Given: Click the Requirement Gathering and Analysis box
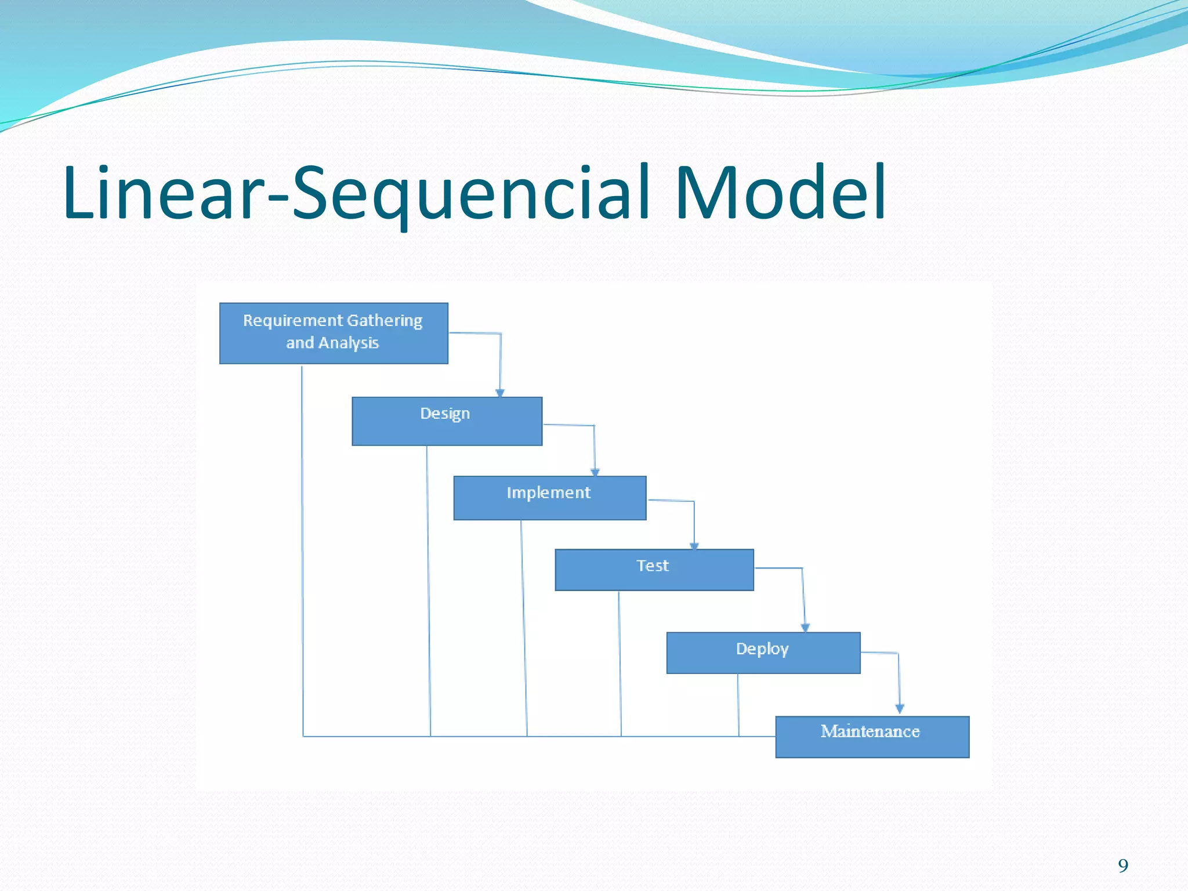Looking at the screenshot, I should click(x=334, y=333).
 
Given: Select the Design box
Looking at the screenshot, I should click(x=447, y=422).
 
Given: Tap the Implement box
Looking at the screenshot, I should click(x=549, y=498).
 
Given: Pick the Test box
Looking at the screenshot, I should click(x=654, y=570).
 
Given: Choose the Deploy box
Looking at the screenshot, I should click(x=763, y=653).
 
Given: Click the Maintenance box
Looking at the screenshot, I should click(x=872, y=737).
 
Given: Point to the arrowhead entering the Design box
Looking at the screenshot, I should click(x=500, y=393).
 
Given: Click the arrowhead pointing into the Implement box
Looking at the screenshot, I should click(x=595, y=472).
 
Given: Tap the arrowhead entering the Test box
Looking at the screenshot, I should click(x=694, y=546).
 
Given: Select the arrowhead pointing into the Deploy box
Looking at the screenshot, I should click(x=805, y=628).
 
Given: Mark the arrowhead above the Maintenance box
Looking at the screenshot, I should click(x=900, y=708).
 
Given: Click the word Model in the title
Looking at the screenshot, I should click(x=780, y=193).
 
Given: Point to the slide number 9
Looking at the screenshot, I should click(x=1123, y=866).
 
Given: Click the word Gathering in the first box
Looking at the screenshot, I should click(x=385, y=321).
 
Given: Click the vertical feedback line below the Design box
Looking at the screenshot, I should click(x=429, y=592).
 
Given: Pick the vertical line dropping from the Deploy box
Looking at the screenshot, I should click(x=738, y=705).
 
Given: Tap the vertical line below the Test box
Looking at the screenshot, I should click(x=620, y=664).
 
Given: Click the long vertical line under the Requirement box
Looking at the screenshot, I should click(x=302, y=551).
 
